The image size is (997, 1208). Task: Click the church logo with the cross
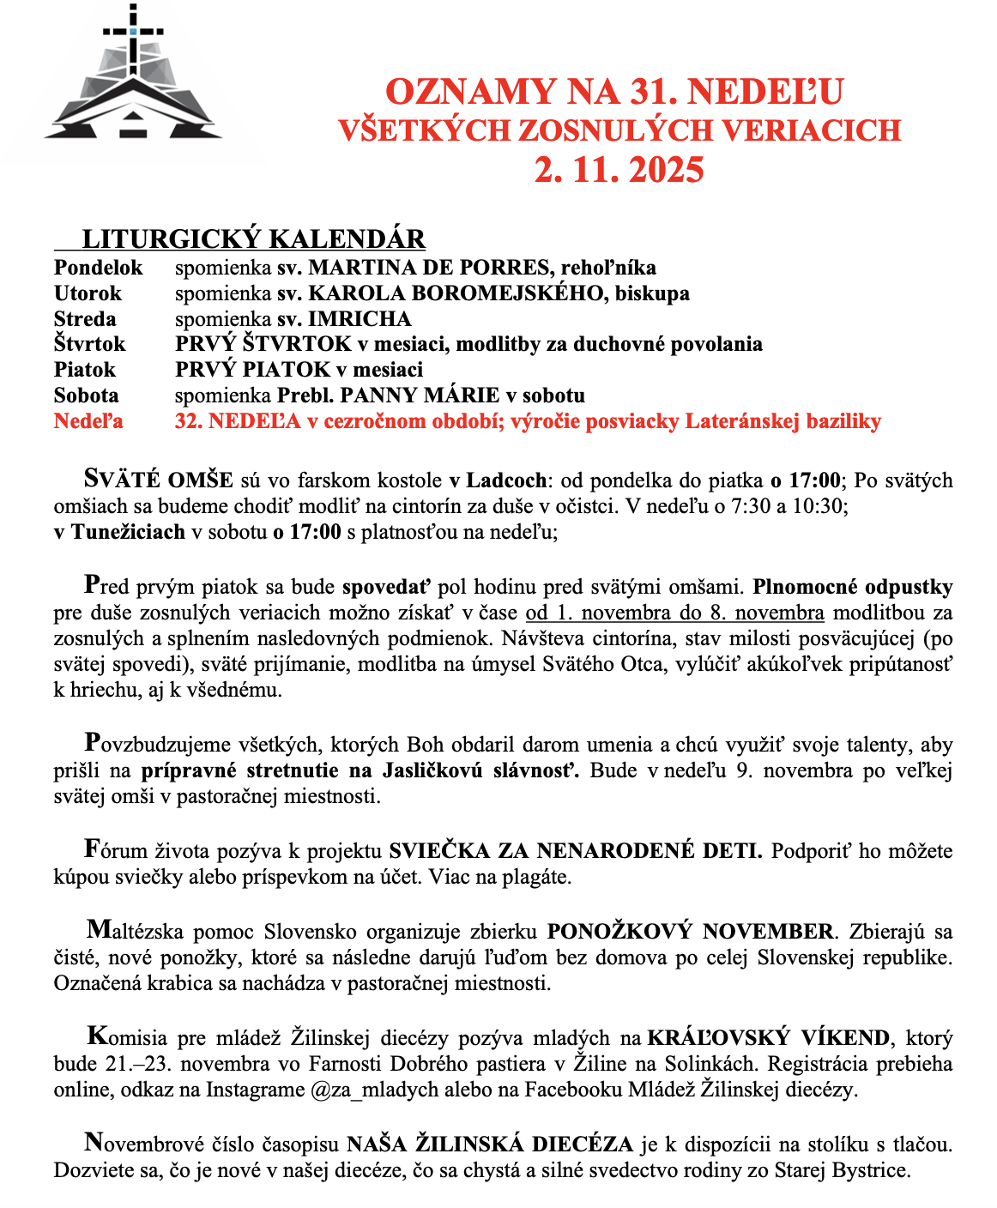pos(133,77)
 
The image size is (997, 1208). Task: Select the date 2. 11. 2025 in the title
pos(619,170)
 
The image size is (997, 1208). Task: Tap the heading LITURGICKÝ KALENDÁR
pos(254,239)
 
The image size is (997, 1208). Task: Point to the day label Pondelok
pos(99,268)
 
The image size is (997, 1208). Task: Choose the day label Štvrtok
pos(89,344)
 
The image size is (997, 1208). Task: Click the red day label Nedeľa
pos(88,421)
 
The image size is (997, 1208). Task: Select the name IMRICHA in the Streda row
pos(360,319)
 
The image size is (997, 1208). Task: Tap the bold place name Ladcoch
pos(506,480)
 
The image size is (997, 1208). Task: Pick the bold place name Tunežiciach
pos(128,531)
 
